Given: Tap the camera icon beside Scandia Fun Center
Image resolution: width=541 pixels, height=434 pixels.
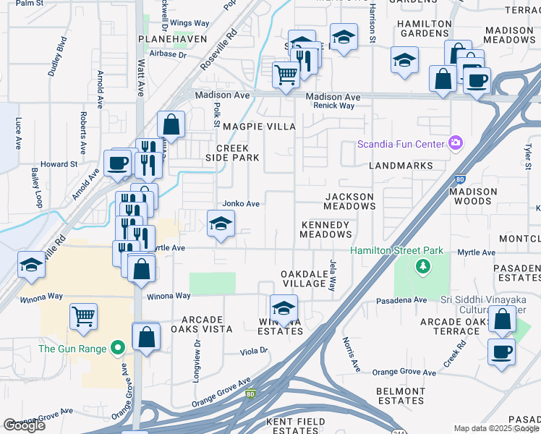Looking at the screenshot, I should [x=455, y=143].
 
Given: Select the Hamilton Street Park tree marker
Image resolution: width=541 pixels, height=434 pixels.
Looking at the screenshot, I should [x=422, y=267].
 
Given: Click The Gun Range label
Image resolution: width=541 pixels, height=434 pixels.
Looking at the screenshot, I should [x=72, y=349].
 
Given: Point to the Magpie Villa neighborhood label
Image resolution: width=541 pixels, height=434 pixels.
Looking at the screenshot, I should [x=266, y=127].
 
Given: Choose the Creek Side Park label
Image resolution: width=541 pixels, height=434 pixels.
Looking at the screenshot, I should [x=232, y=153].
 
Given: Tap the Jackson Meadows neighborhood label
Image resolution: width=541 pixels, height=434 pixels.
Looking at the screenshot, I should [x=349, y=201].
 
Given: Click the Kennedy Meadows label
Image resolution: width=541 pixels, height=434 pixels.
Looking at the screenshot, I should [x=325, y=229].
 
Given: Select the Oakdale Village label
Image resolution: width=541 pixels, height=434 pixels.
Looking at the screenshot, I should [x=304, y=278].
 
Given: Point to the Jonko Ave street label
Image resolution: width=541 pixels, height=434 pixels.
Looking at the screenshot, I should [x=241, y=204].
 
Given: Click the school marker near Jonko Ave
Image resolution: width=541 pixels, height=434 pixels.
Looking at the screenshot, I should [x=221, y=224].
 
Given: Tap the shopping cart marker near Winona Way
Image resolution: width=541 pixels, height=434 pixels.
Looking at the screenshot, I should [x=84, y=316].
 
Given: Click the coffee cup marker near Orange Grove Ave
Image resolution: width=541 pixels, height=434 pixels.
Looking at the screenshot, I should [x=501, y=352].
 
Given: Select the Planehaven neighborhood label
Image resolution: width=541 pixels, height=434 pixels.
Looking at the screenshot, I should [x=173, y=38].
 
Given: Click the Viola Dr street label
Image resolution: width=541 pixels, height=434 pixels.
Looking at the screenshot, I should [x=254, y=351].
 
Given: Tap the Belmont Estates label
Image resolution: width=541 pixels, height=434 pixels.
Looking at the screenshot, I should [x=400, y=396].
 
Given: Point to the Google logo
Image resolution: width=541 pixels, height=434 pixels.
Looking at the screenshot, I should [x=24, y=425].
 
